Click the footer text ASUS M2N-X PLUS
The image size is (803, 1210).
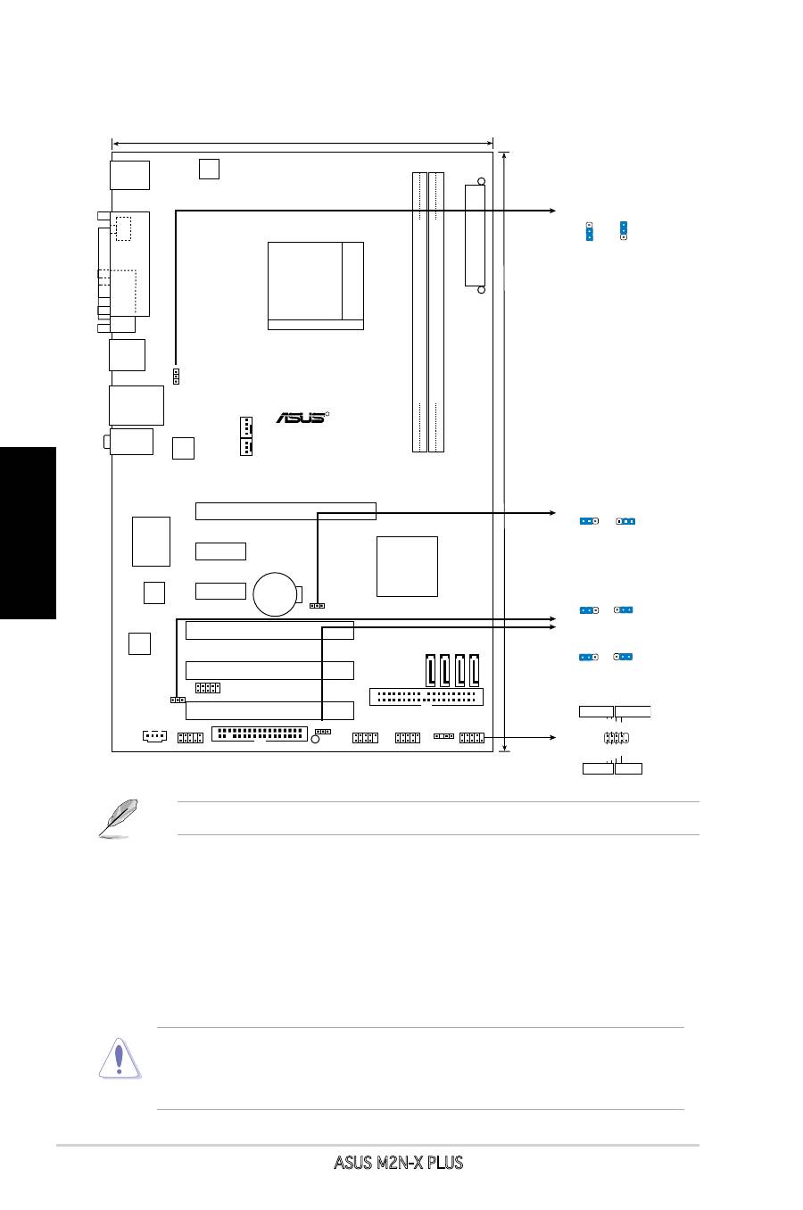(399, 1163)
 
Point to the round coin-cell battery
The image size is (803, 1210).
(275, 593)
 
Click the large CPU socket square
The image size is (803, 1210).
(315, 285)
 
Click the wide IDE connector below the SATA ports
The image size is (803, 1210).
(426, 696)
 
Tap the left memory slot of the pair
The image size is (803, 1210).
(420, 312)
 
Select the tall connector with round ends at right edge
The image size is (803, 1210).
(476, 236)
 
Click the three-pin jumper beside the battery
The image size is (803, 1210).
(317, 605)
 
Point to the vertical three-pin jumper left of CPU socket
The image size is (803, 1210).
(176, 376)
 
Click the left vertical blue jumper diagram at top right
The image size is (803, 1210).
(590, 232)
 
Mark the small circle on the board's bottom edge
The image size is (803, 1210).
(315, 740)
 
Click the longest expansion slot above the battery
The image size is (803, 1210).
(286, 511)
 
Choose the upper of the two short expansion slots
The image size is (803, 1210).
(220, 551)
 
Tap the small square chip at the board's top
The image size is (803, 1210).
(209, 168)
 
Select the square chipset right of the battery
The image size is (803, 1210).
(407, 566)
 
